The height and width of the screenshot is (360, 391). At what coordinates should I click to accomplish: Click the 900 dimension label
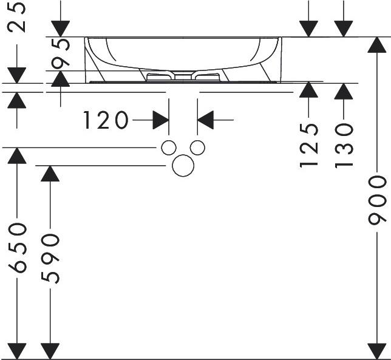pyautogui.click(x=377, y=200)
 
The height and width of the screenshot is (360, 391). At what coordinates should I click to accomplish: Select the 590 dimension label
pyautogui.click(x=50, y=258)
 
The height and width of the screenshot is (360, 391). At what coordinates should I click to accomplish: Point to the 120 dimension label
pyautogui.click(x=106, y=121)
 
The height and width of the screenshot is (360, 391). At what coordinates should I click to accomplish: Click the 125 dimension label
pyautogui.click(x=309, y=146)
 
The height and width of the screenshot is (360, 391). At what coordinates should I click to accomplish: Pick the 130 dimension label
pyautogui.click(x=343, y=146)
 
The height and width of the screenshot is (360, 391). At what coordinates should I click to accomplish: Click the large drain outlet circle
pyautogui.click(x=182, y=166)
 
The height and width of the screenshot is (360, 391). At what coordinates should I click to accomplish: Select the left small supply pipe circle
pyautogui.click(x=168, y=148)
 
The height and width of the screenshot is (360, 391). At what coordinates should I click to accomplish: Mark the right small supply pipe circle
pyautogui.click(x=197, y=148)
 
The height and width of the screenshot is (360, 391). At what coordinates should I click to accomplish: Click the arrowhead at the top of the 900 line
pyautogui.click(x=377, y=45)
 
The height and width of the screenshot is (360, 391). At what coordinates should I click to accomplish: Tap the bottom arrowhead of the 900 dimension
pyautogui.click(x=377, y=351)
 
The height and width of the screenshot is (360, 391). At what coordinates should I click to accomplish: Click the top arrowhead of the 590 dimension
pyautogui.click(x=50, y=173)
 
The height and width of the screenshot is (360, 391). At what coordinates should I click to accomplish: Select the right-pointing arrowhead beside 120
pyautogui.click(x=161, y=120)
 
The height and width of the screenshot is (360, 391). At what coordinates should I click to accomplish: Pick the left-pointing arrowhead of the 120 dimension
pyautogui.click(x=206, y=120)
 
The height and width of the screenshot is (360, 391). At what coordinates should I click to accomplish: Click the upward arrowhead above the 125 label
pyautogui.click(x=309, y=90)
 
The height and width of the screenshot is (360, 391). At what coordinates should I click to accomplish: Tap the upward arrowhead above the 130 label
pyautogui.click(x=343, y=90)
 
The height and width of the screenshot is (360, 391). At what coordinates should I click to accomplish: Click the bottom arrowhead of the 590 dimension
pyautogui.click(x=50, y=351)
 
